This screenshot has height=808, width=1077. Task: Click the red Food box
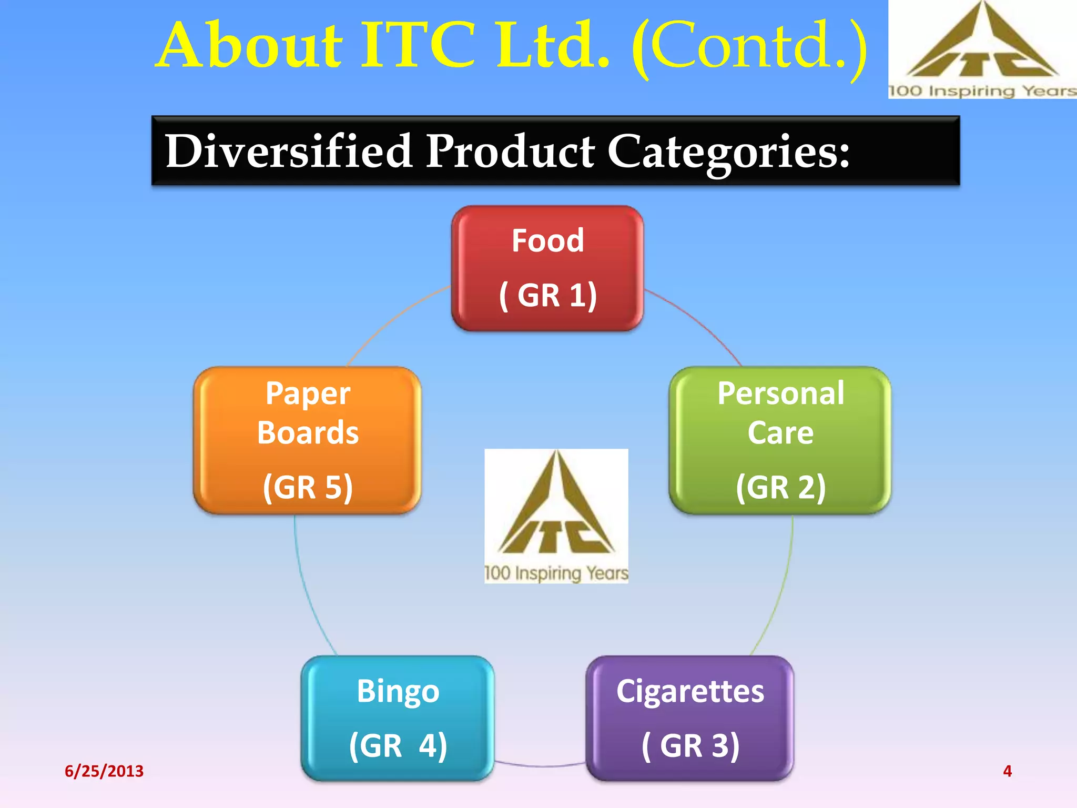coord(547,268)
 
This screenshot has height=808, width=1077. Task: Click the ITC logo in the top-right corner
coord(982,49)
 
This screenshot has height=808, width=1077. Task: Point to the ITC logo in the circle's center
coord(556,516)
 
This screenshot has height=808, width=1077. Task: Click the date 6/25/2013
coord(104,771)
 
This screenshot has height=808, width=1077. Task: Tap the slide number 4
coord(1007,771)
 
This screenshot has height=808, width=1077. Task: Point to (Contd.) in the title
coord(749,46)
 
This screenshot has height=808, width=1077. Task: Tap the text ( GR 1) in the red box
coord(547,295)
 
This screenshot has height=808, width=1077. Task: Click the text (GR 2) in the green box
coord(780,487)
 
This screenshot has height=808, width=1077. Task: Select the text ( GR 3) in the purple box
coord(690,745)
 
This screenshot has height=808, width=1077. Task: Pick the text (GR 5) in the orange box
coord(308,487)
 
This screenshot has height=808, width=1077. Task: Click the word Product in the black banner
coord(510,151)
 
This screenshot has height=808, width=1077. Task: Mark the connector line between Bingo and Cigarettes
coord(540,765)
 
